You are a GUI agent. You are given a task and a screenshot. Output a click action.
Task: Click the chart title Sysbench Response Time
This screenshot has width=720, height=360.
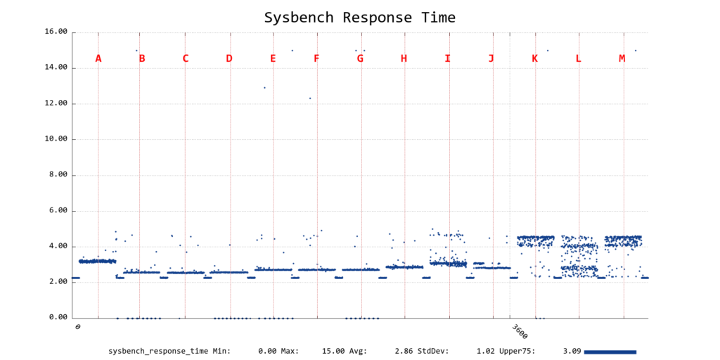point(359,18)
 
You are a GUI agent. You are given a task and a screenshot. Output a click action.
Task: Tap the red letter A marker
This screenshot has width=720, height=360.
point(98,58)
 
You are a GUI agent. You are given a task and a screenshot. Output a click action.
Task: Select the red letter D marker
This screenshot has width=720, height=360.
point(229,58)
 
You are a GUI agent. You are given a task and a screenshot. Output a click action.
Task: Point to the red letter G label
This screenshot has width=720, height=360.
point(360,58)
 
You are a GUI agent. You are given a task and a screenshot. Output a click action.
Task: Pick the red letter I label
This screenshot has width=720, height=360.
point(447,58)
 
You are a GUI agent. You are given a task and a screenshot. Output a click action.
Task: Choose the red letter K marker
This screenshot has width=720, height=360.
point(534,58)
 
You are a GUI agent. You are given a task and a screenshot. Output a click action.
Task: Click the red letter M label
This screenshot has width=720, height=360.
point(622,58)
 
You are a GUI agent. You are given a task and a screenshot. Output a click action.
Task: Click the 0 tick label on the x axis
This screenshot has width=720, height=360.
point(77,327)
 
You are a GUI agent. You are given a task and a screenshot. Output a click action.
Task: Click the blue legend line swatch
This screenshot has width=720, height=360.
point(610,351)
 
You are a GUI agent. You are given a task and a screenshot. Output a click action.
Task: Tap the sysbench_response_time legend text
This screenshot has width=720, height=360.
point(158,350)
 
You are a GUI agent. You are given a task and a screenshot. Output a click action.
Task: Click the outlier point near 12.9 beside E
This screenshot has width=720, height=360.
point(264,88)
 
